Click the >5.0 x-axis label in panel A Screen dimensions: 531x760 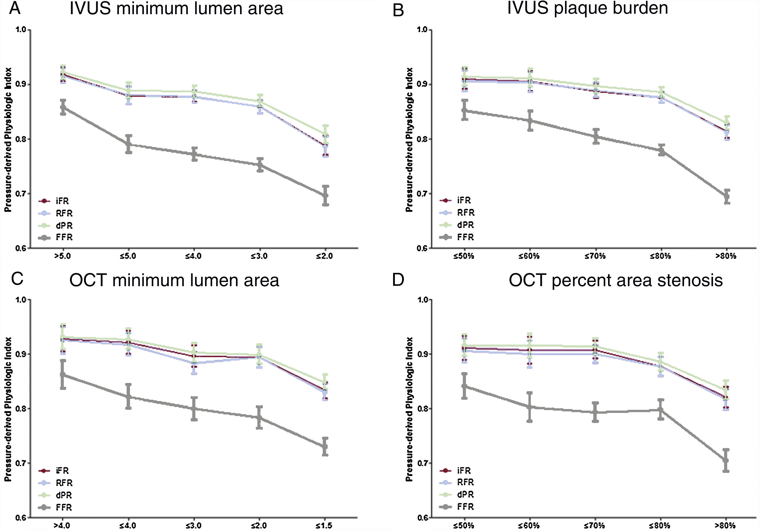pos(62,256)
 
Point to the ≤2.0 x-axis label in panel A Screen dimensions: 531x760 pos(324,256)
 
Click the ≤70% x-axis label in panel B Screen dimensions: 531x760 pos(595,256)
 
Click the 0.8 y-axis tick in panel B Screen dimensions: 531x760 pos(422,139)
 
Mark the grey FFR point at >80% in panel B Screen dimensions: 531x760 pos(727,197)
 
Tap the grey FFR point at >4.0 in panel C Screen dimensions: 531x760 pos(63,374)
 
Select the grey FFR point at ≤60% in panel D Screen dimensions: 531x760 pos(529,407)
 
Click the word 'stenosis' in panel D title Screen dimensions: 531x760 pos(690,280)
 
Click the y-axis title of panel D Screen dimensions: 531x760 pos(410,409)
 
